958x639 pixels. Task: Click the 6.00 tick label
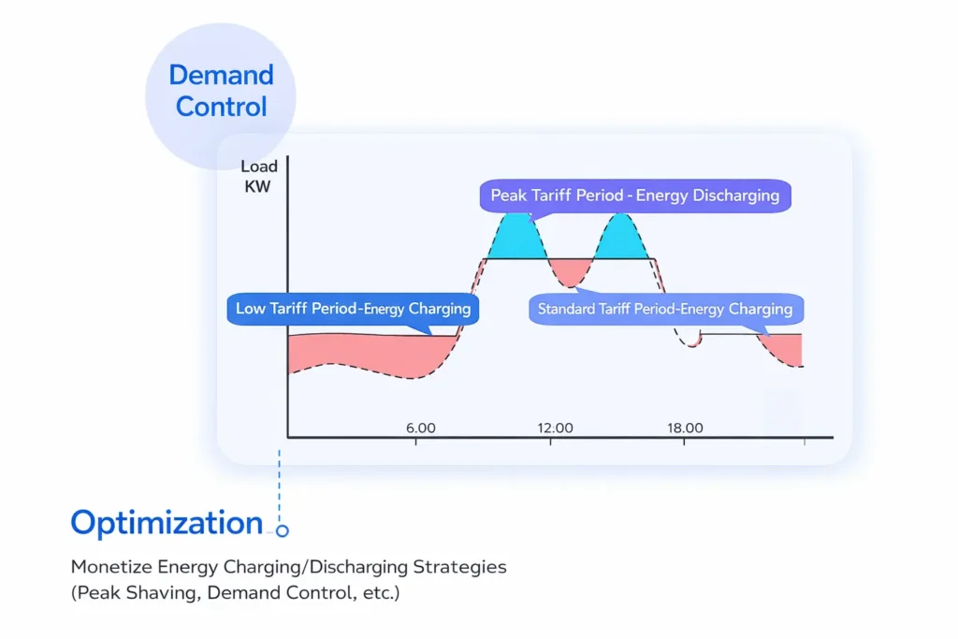tap(421, 428)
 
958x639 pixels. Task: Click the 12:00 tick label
tap(556, 428)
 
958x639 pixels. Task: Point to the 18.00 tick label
tap(685, 428)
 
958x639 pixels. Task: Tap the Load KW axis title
tap(258, 177)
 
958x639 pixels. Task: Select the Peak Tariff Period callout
tap(635, 196)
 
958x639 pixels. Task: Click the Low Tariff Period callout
tap(353, 309)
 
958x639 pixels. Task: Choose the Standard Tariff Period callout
tap(666, 309)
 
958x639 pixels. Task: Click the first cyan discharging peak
tap(517, 240)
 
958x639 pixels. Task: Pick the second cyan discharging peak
tap(620, 240)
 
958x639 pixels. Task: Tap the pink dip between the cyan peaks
tap(571, 270)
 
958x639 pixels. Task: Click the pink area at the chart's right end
tap(785, 348)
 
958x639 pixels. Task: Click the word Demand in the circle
tap(221, 75)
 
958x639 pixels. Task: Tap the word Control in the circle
tap(221, 107)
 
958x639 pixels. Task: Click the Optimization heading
tap(167, 523)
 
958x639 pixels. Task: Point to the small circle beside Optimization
tap(282, 530)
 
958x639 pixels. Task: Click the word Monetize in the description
tap(111, 567)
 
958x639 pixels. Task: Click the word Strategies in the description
tap(460, 567)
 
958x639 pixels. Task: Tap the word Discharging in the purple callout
tap(707, 196)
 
